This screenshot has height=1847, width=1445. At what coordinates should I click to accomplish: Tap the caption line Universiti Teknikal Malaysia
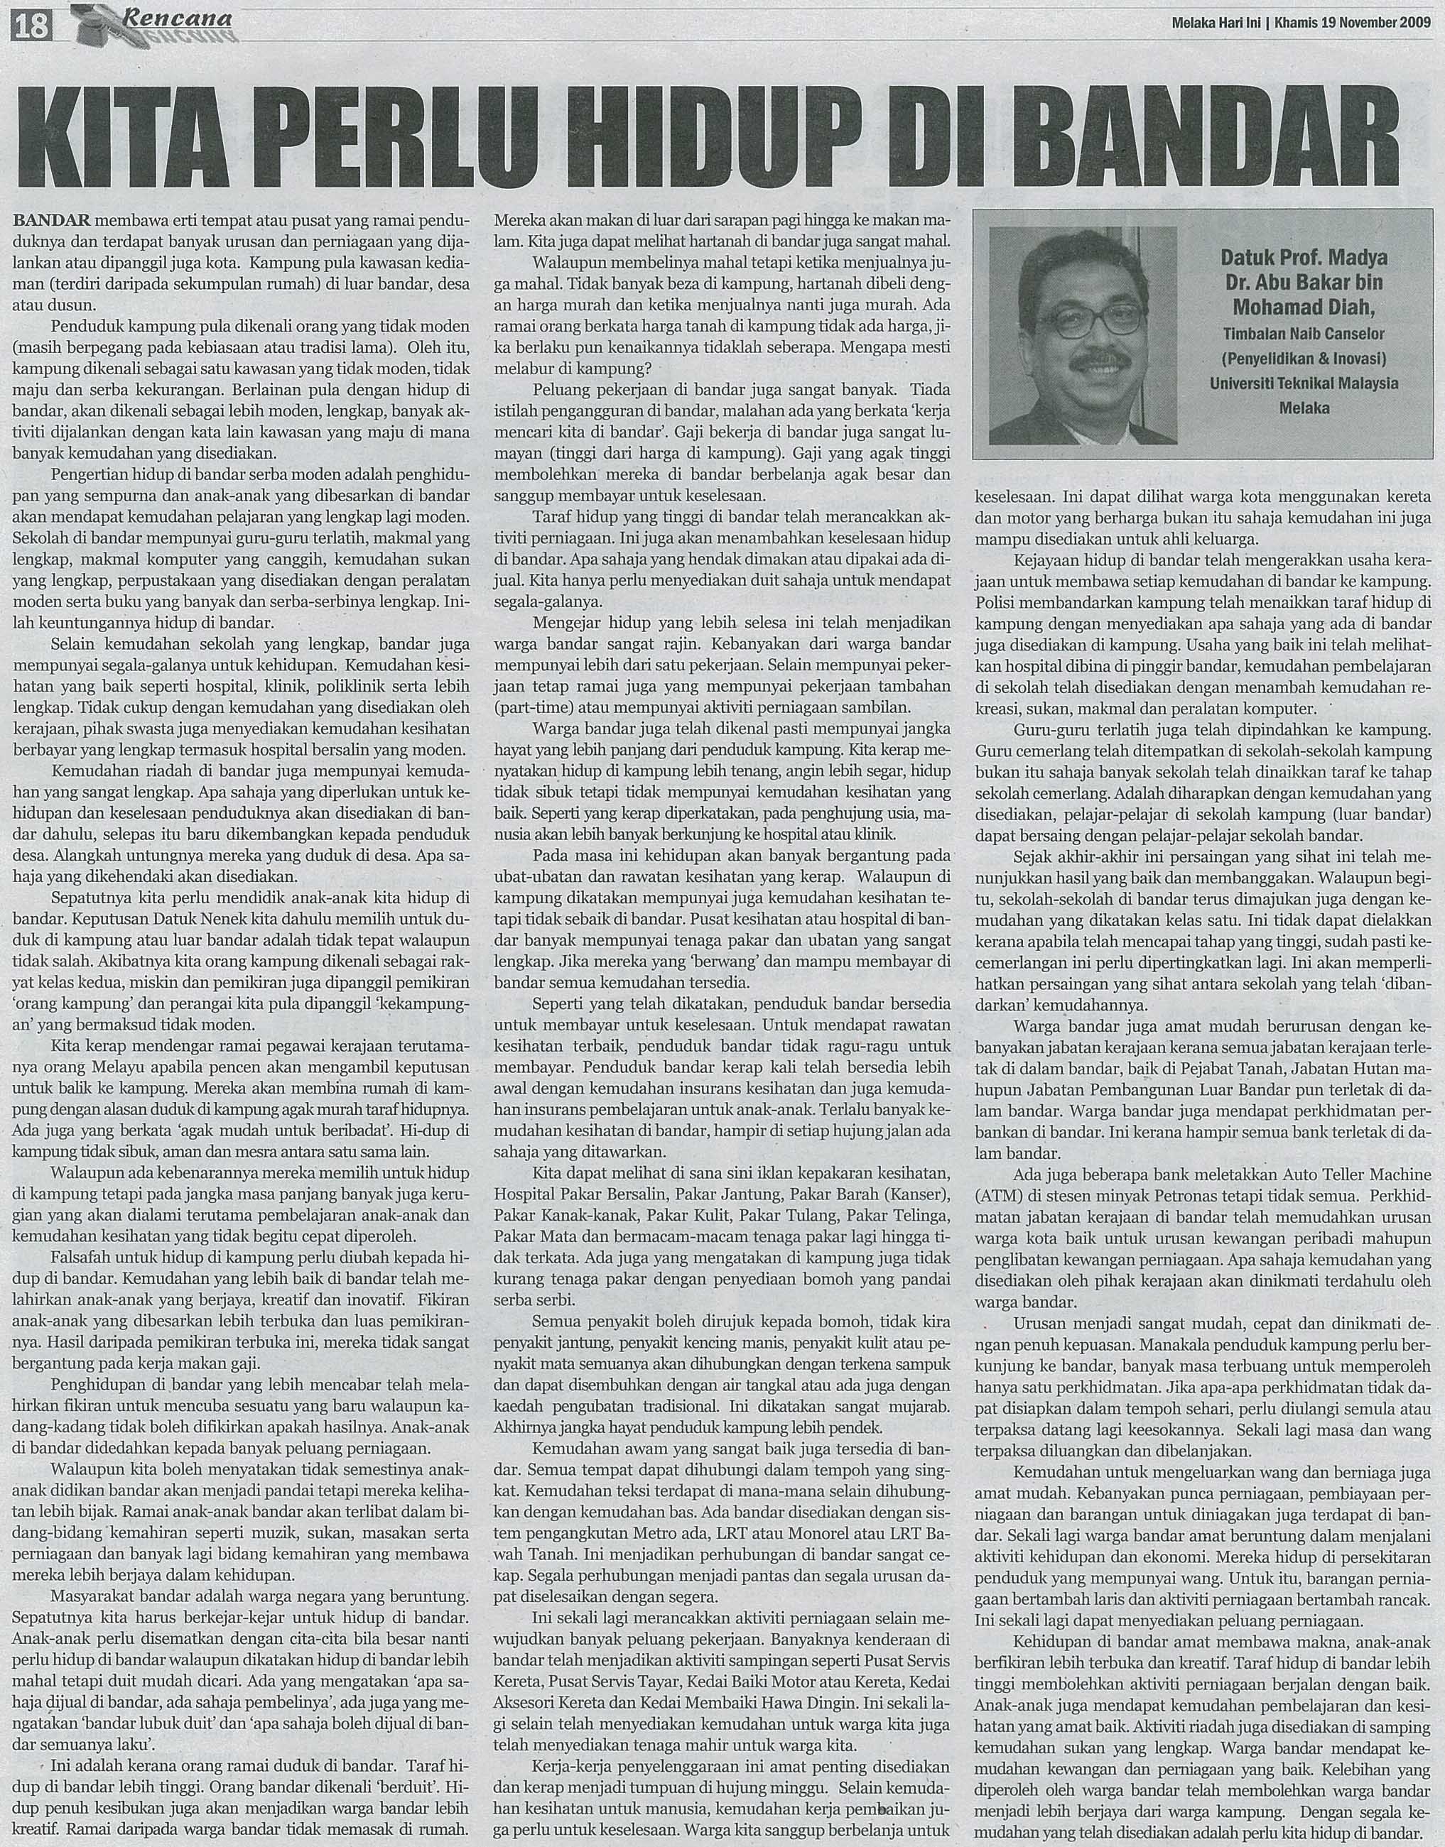tap(1304, 383)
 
